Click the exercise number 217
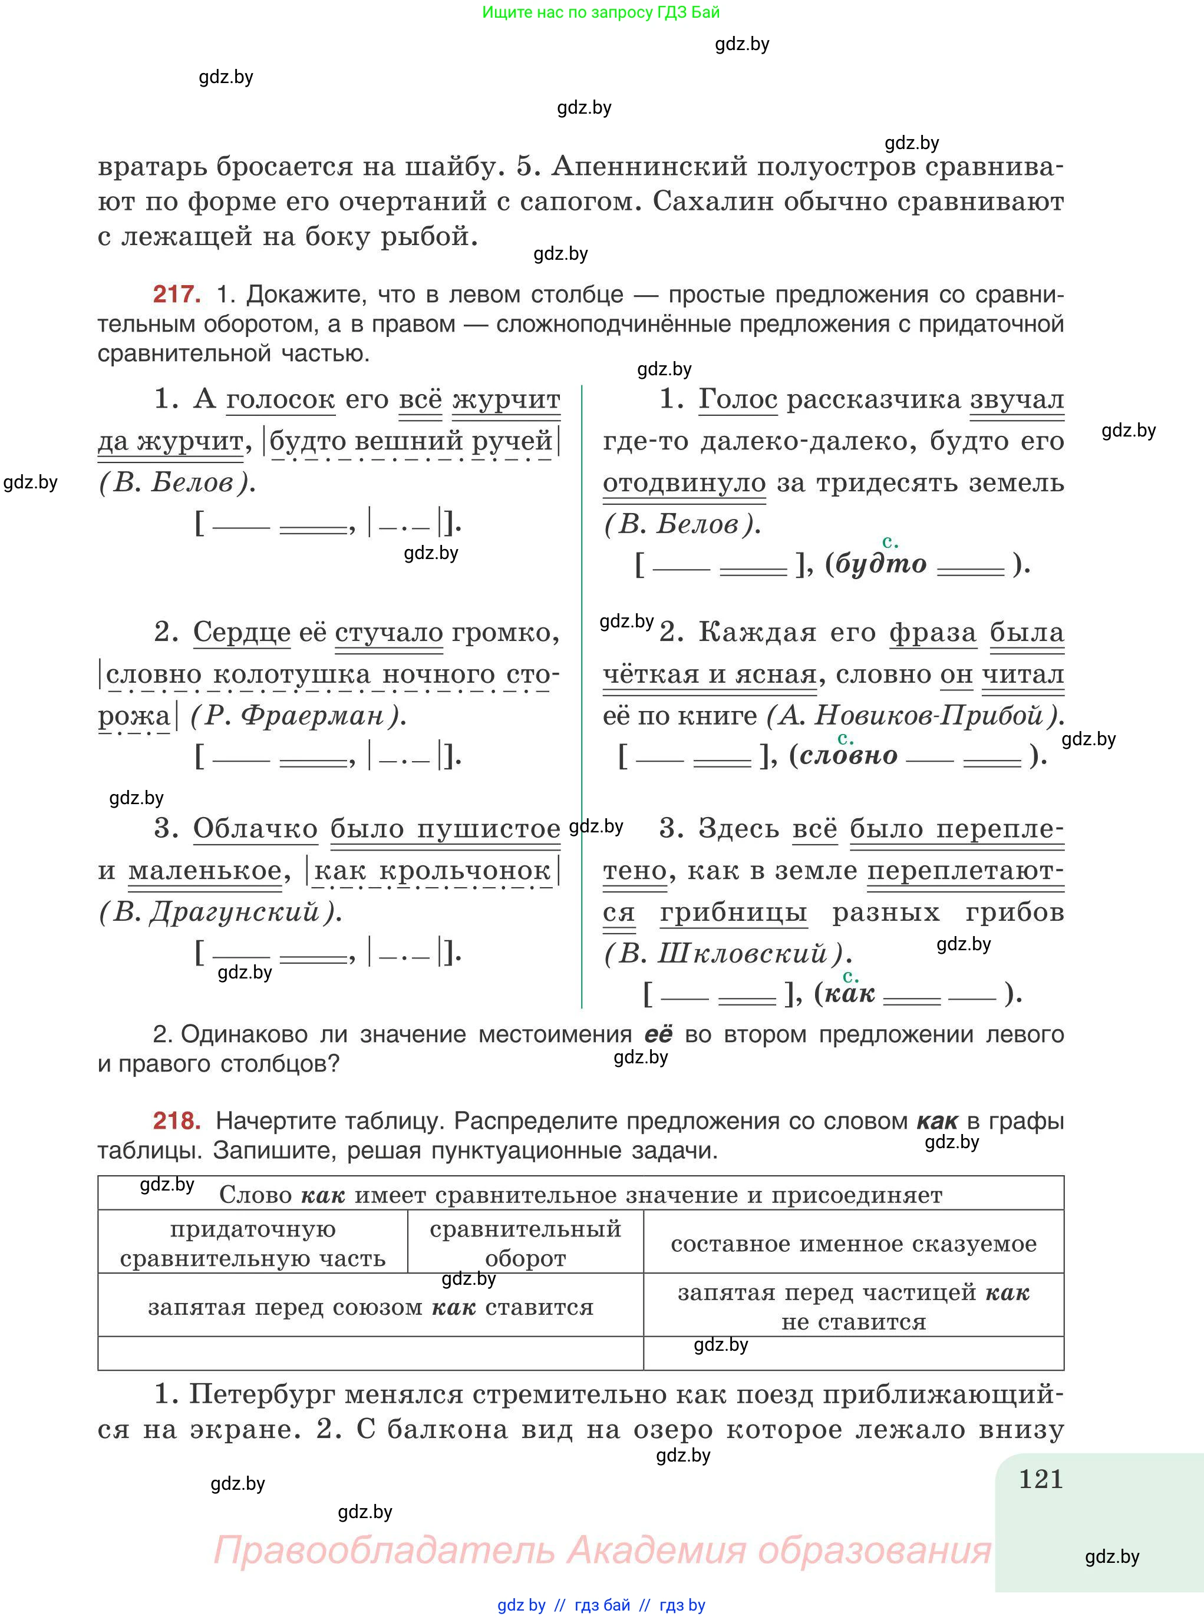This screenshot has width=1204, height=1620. tap(176, 295)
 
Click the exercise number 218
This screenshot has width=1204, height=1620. tap(176, 1120)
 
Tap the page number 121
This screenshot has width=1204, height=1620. tap(1041, 1479)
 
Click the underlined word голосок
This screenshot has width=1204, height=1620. tap(281, 399)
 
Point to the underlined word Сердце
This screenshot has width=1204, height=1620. tap(242, 632)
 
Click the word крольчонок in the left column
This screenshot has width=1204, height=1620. tap(464, 871)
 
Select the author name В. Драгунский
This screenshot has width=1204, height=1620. tap(219, 912)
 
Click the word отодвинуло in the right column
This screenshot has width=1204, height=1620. tap(684, 482)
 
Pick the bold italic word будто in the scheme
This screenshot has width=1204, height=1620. tap(880, 564)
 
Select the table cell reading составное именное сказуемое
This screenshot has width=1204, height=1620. tap(853, 1244)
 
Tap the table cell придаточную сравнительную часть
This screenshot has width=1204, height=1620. tap(252, 1244)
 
